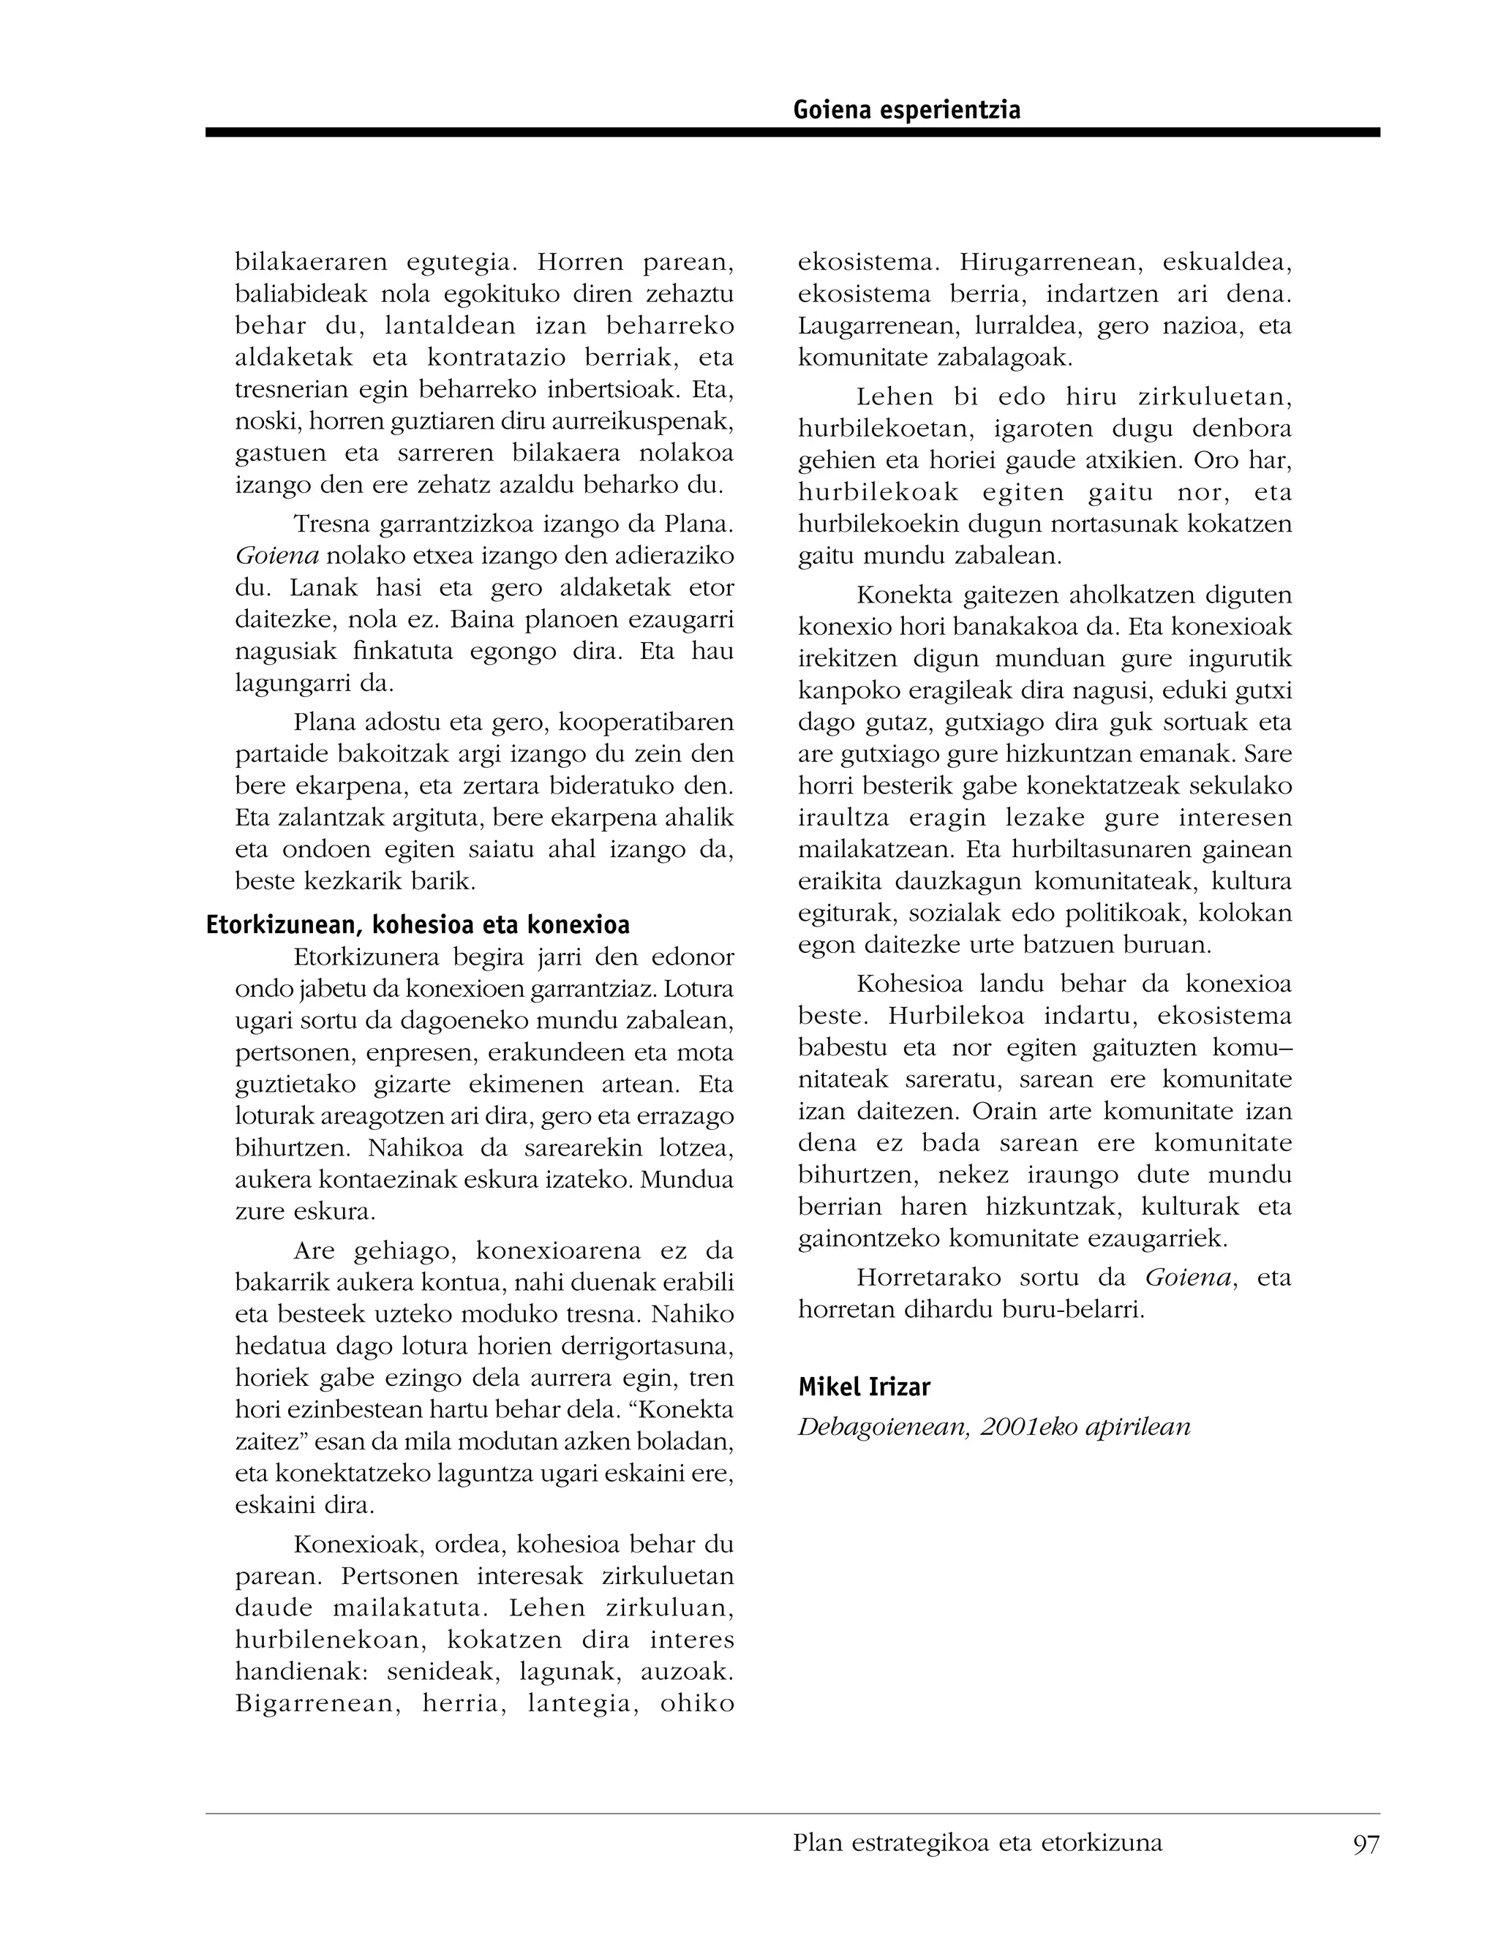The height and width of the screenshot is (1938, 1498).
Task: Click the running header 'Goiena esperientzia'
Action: point(906,110)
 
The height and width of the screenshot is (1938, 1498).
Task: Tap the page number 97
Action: point(1366,1844)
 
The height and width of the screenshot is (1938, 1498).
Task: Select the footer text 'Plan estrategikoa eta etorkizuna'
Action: point(977,1843)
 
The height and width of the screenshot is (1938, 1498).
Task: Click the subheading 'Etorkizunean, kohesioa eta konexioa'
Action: point(418,926)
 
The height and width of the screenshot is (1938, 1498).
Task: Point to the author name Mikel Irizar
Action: point(864,1387)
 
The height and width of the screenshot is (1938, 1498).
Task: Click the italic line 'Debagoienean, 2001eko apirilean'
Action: point(994,1427)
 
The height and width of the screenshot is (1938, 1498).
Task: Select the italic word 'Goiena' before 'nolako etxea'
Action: point(277,557)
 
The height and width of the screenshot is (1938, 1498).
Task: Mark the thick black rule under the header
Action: point(791,132)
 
